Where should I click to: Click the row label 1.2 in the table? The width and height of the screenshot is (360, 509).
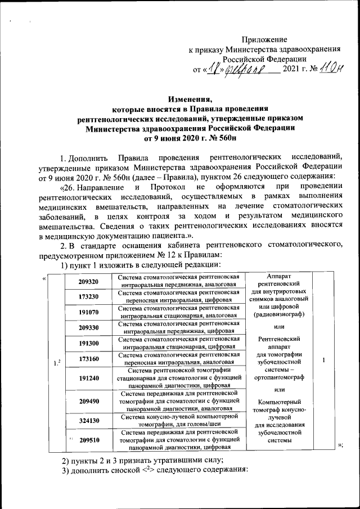[56, 363]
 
